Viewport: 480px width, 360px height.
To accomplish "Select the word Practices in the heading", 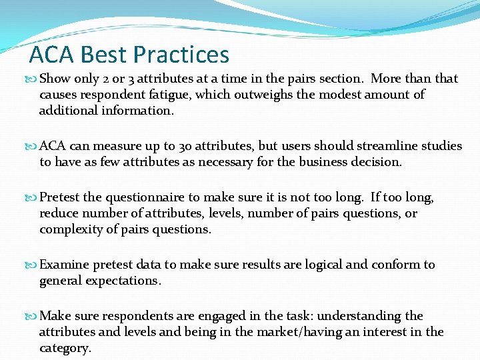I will coord(181,55).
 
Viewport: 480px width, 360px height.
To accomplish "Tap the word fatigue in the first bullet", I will coord(169,95).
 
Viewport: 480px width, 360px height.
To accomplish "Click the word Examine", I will coord(65,265).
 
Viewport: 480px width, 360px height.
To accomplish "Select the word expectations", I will coord(123,281).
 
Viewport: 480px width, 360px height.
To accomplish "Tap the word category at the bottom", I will coord(65,348).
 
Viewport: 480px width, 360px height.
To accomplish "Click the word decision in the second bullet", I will coord(377,162).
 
